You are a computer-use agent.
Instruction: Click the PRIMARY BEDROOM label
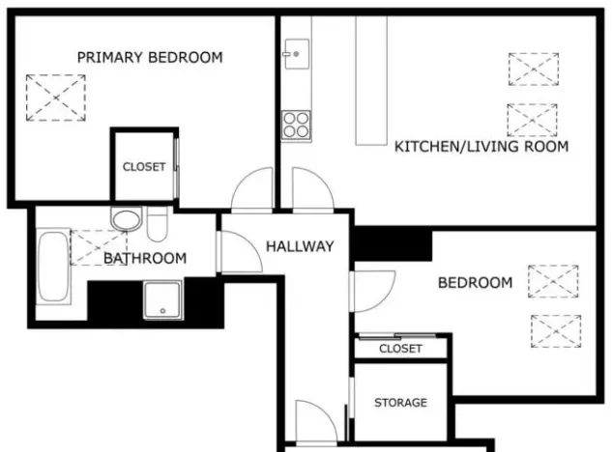click(x=150, y=57)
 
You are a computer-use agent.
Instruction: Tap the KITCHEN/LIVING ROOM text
click(x=481, y=147)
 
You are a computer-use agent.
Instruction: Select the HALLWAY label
click(x=300, y=246)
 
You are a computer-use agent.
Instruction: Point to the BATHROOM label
click(x=145, y=258)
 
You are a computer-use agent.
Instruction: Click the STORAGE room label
click(x=400, y=402)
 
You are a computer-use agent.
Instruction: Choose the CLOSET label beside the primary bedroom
click(x=144, y=167)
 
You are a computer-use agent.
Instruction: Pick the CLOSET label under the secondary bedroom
click(x=400, y=348)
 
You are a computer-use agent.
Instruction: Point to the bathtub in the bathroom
click(x=53, y=267)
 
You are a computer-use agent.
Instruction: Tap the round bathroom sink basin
click(x=126, y=219)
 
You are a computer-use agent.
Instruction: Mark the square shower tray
click(x=162, y=299)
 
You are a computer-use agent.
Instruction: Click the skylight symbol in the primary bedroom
click(x=55, y=97)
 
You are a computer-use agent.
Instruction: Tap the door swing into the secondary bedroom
click(x=372, y=290)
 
